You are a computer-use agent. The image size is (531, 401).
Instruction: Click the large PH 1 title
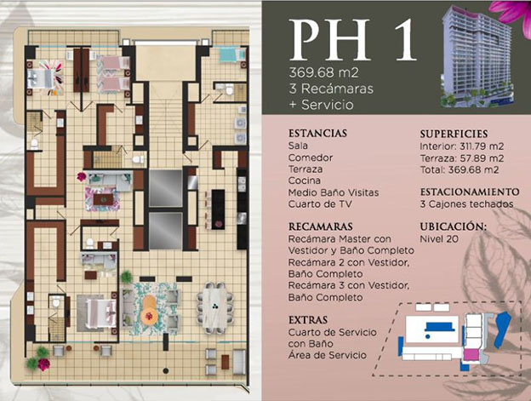[352, 40]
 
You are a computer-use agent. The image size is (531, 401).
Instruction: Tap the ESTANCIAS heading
[317, 133]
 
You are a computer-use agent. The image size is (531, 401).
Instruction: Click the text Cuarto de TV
[320, 204]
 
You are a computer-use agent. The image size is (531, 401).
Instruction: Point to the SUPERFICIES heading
[454, 134]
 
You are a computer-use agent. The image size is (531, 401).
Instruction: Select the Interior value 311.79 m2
[482, 146]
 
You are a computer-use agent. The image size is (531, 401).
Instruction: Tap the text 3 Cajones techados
[466, 204]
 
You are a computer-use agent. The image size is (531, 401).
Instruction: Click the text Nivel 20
[439, 239]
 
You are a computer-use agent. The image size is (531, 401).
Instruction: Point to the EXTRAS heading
[308, 320]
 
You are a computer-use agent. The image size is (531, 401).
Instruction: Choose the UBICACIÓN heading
[453, 226]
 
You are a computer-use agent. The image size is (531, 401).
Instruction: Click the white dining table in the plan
[214, 307]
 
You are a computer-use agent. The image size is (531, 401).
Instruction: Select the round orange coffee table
[149, 308]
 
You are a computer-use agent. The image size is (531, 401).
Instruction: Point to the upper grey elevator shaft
[166, 188]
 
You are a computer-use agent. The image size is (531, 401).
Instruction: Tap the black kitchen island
[218, 209]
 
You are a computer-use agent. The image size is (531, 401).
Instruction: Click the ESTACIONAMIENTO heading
[470, 192]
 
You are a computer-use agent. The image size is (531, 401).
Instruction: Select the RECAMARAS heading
[320, 226]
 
